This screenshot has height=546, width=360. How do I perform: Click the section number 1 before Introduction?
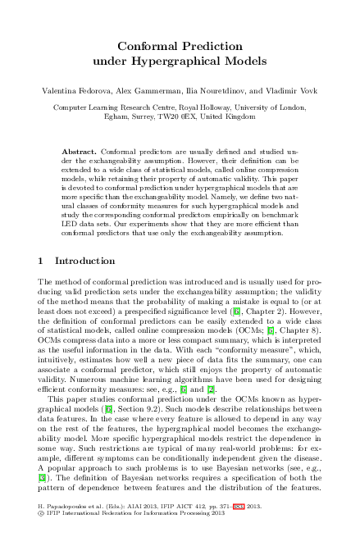(42, 261)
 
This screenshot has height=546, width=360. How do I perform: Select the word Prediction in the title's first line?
(212, 47)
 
